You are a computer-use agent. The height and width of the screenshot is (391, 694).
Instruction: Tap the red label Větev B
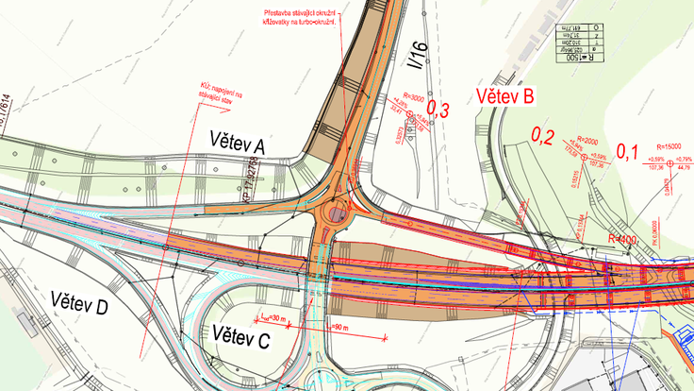(x=505, y=95)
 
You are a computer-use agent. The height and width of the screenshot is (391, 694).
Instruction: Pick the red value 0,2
(x=543, y=136)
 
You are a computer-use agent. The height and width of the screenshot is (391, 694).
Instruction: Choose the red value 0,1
(x=628, y=150)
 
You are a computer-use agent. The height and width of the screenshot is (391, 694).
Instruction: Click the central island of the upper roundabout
(x=336, y=215)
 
